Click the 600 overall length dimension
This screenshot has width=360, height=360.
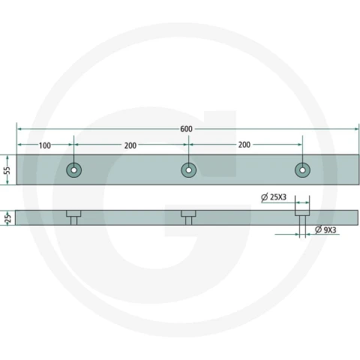click(187, 129)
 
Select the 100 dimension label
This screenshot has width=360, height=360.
click(45, 145)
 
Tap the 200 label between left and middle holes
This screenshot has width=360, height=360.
click(130, 145)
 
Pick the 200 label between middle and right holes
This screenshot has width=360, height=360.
click(244, 145)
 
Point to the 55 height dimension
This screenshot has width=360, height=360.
click(7, 170)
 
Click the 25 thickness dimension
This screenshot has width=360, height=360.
click(7, 218)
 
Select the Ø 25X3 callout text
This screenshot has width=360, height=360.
click(274, 197)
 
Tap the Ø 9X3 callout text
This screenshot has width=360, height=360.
click(325, 229)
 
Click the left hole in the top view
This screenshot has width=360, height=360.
click(73, 170)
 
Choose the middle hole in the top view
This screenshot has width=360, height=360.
click(188, 170)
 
